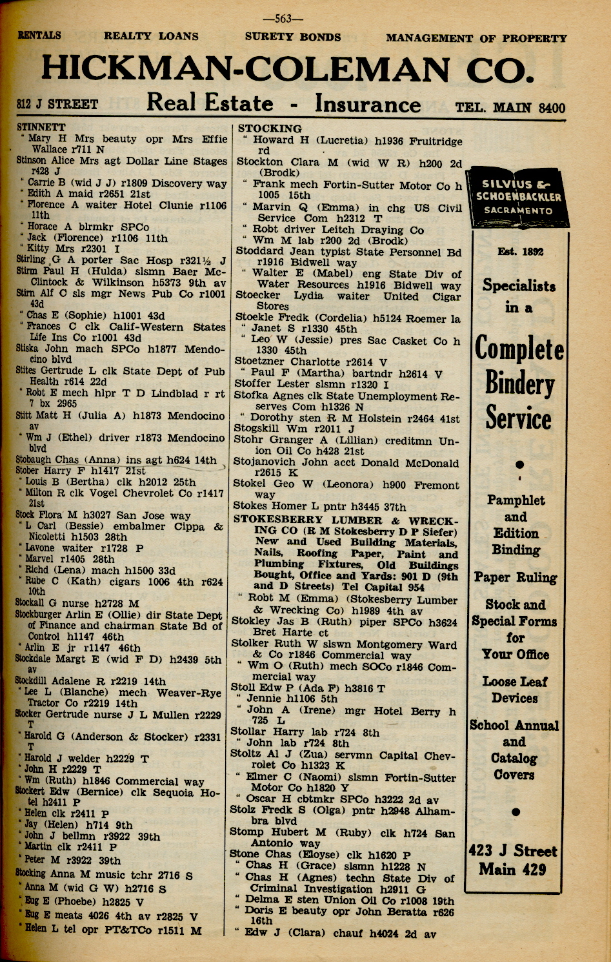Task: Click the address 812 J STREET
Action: click(x=58, y=105)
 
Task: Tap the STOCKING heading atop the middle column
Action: click(x=270, y=128)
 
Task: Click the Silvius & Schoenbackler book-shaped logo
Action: click(x=519, y=197)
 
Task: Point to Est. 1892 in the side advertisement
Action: click(x=520, y=251)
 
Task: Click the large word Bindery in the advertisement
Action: click(x=519, y=384)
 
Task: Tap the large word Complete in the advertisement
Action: click(x=519, y=349)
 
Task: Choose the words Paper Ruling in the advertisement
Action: click(x=516, y=578)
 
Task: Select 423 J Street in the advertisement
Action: click(x=514, y=851)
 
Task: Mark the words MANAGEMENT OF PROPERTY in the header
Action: click(x=476, y=38)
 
